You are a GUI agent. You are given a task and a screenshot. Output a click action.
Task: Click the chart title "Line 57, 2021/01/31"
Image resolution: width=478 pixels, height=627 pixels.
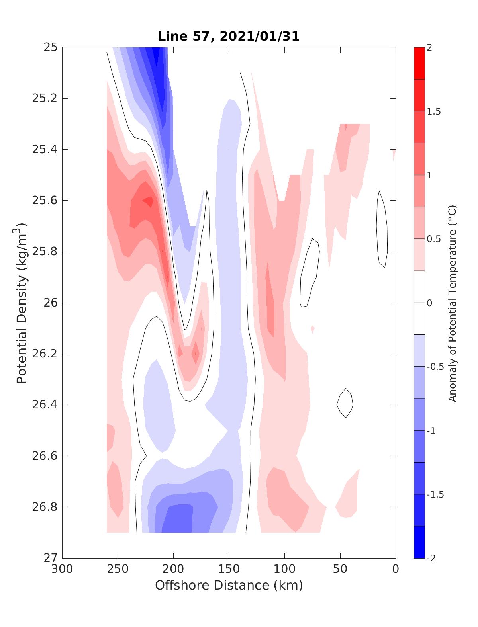click(229, 37)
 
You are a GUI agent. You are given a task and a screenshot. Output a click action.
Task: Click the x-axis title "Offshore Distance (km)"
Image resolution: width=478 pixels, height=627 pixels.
click(229, 585)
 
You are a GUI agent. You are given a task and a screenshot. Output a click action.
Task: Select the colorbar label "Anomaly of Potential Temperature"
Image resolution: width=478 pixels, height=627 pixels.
click(452, 303)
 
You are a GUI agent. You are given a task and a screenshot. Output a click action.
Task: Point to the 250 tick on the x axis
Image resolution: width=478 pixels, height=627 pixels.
click(118, 569)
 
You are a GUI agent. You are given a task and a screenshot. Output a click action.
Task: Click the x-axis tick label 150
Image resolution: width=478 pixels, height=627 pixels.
click(229, 569)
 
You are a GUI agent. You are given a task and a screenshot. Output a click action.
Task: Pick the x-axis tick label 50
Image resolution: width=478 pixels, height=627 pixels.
click(340, 569)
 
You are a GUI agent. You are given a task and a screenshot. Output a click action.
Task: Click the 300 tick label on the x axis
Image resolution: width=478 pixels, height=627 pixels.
click(63, 569)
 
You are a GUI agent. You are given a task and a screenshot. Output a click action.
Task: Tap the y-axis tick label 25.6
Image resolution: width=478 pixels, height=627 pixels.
click(44, 201)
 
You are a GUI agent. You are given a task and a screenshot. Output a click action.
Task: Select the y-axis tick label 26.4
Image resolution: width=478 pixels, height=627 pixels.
click(44, 405)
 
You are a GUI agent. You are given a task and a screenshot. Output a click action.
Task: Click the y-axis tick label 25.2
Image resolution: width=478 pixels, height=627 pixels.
click(44, 98)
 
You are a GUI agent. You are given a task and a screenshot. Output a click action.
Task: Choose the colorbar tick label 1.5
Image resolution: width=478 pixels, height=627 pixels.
click(434, 111)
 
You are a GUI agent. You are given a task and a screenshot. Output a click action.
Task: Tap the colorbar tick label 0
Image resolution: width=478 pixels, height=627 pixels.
click(429, 303)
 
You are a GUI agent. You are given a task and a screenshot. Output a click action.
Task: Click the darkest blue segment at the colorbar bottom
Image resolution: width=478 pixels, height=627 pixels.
click(419, 542)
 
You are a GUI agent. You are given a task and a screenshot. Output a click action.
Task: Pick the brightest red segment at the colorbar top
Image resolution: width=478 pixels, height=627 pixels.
click(419, 63)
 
